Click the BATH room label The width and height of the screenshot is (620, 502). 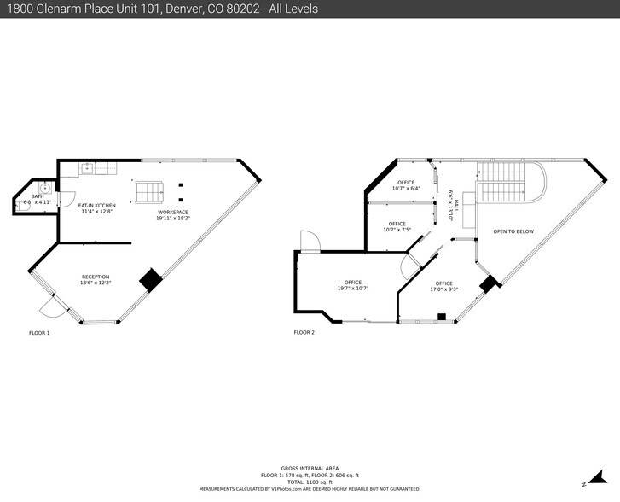click(38, 196)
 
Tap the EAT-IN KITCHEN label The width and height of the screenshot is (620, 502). click(97, 205)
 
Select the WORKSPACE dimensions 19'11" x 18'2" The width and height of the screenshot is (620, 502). click(172, 218)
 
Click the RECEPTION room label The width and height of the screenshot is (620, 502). click(96, 277)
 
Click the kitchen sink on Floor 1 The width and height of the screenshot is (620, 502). click(88, 169)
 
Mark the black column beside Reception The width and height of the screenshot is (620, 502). click(151, 280)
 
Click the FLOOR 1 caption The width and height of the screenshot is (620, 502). click(39, 332)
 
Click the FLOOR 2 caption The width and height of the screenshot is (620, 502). click(304, 332)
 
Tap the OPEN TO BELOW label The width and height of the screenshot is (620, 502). click(513, 231)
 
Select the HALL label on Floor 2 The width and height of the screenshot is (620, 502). click(456, 205)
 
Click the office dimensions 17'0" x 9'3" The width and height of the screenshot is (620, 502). click(443, 289)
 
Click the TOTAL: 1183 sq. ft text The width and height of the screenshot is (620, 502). click(310, 482)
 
